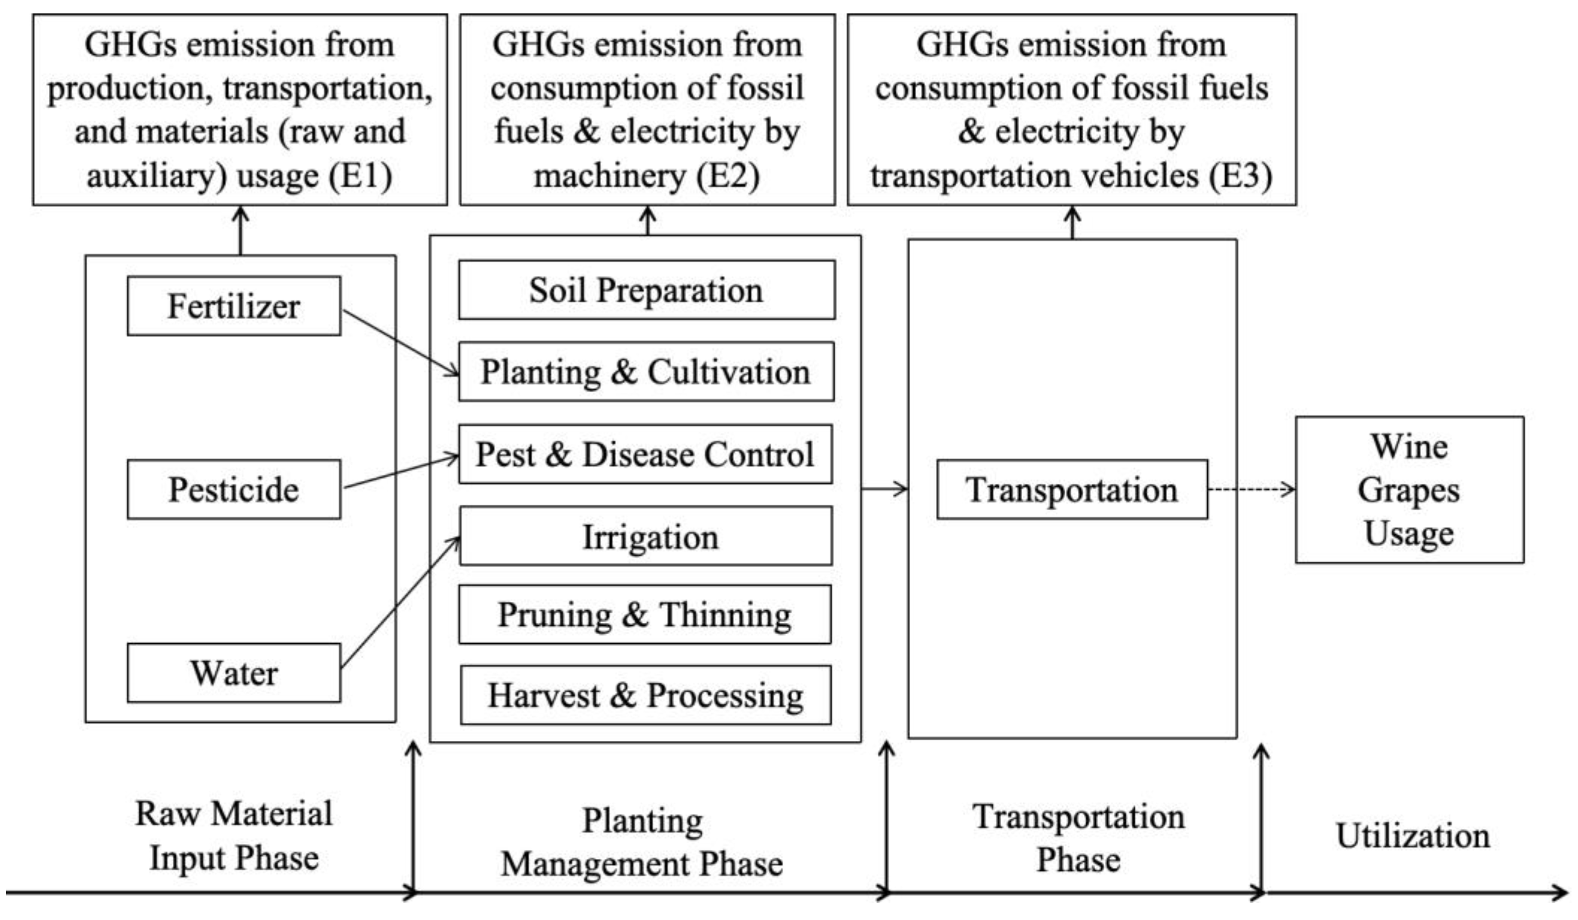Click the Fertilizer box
233,306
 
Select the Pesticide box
233,489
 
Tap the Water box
233,673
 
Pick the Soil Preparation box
646,290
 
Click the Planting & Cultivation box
646,371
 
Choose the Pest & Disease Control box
645,454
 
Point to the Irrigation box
646,537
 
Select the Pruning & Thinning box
645,615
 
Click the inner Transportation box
1072,489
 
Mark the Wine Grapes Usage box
1409,489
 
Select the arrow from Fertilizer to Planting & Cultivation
401,343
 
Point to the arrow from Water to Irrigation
401,601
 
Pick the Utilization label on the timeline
1413,835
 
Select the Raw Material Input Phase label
233,835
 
